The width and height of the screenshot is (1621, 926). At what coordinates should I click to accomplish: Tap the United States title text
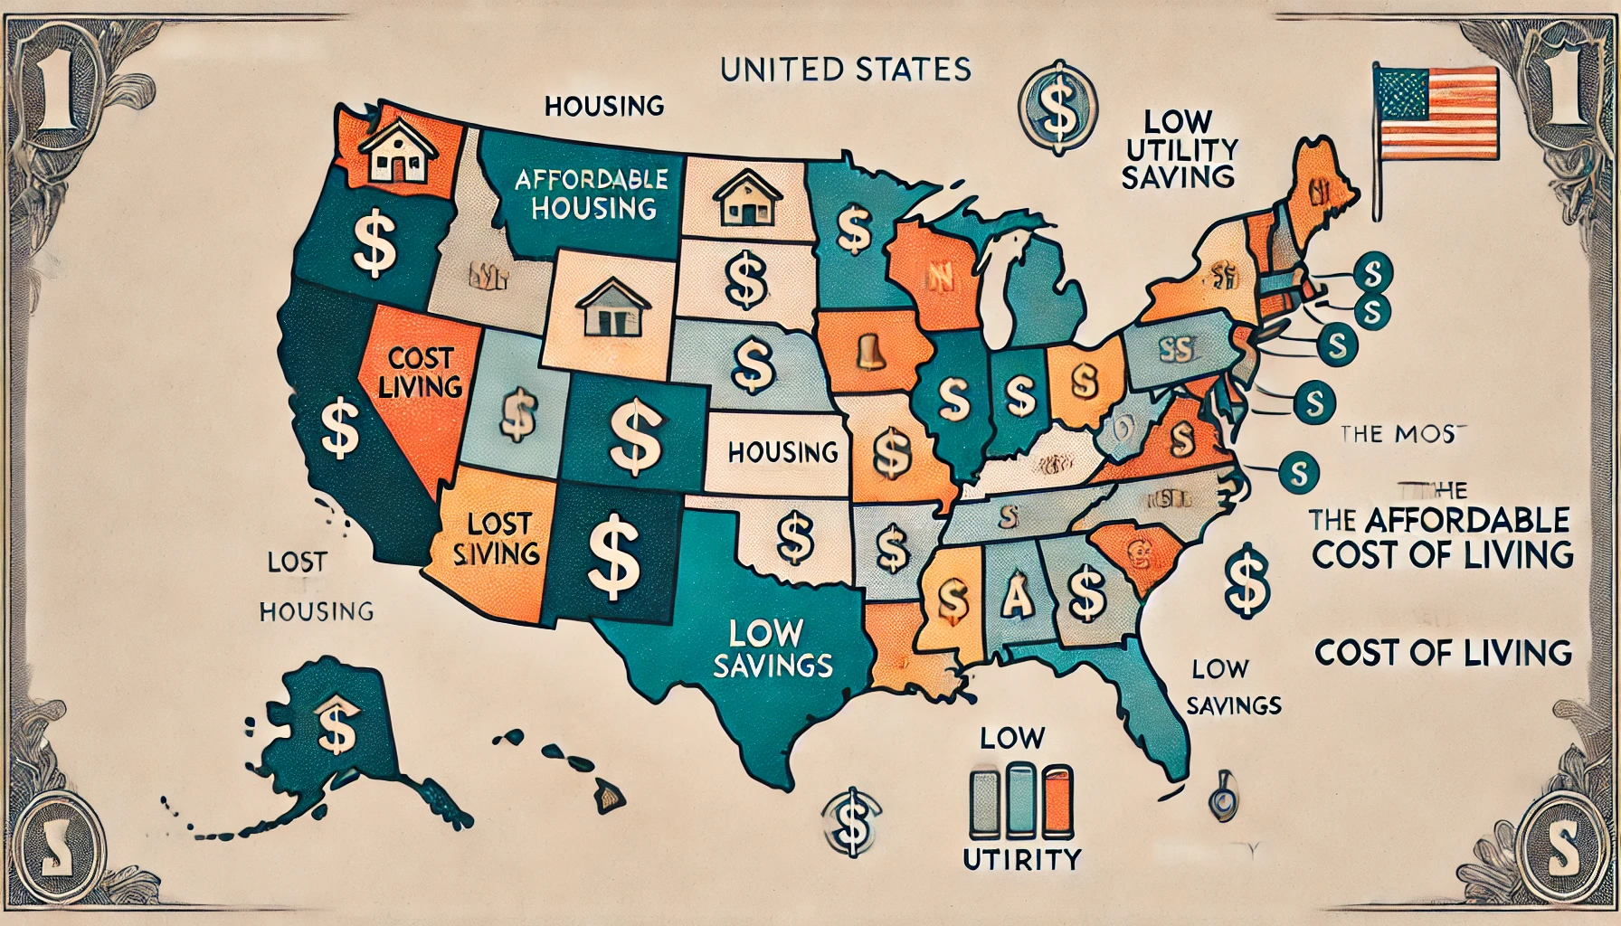click(x=846, y=70)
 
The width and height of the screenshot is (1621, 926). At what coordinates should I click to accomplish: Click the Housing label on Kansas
click(x=782, y=451)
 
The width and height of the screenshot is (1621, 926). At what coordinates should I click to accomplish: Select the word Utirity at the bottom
click(x=1020, y=859)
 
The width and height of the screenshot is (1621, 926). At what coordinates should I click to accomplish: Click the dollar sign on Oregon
click(x=374, y=244)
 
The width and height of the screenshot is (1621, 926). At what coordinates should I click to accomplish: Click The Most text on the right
click(x=1398, y=433)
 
